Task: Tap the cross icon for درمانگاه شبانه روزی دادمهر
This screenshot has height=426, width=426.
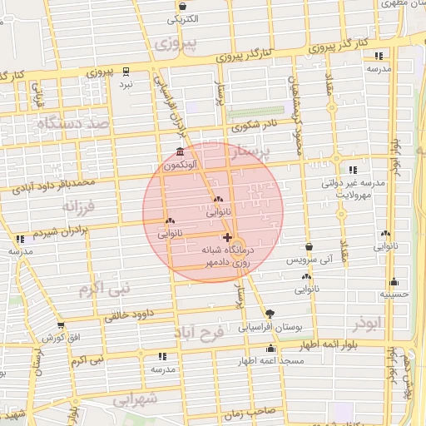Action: [228, 238]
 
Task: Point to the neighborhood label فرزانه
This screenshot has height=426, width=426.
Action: [79, 204]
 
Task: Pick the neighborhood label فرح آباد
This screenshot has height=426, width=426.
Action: [200, 331]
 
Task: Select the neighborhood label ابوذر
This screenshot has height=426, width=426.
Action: [364, 322]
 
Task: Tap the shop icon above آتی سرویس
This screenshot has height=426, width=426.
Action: [309, 247]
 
